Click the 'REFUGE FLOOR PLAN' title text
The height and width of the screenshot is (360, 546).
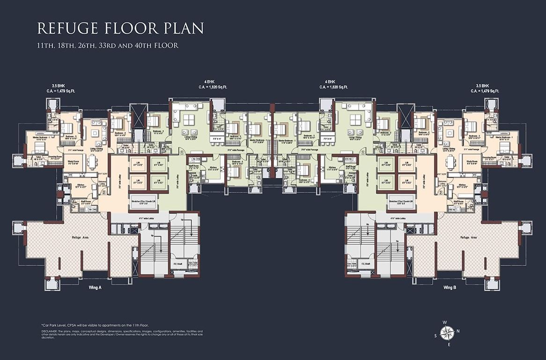click(x=120, y=28)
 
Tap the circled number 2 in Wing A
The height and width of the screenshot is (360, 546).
click(x=104, y=191)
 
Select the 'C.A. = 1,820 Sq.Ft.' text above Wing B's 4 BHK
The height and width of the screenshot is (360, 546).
click(x=333, y=87)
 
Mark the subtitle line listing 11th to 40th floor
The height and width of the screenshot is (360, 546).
click(x=108, y=46)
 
